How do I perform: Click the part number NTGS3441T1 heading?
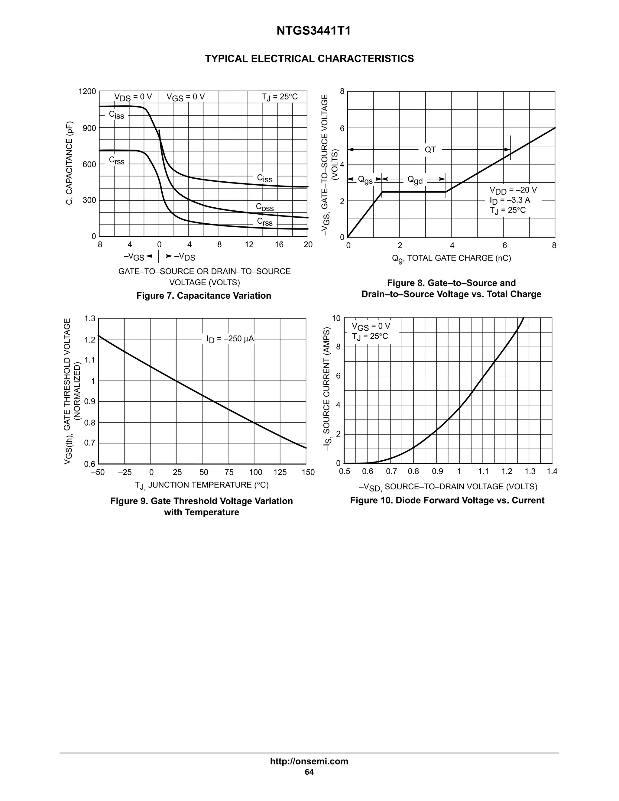[313, 31]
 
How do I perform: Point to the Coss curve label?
[265, 207]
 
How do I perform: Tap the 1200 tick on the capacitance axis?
[87, 91]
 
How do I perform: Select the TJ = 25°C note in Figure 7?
[280, 97]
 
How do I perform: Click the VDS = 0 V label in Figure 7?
[133, 97]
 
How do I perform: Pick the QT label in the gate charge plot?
[430, 150]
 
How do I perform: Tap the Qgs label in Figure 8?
[365, 180]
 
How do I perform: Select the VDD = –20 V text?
[513, 190]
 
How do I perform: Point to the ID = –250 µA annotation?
[230, 339]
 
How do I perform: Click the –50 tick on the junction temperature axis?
[98, 472]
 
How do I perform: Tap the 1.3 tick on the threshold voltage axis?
[89, 319]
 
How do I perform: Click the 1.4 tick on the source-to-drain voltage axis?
[552, 472]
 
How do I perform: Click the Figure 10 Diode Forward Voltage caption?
[447, 500]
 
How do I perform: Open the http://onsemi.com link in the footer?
[309, 761]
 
